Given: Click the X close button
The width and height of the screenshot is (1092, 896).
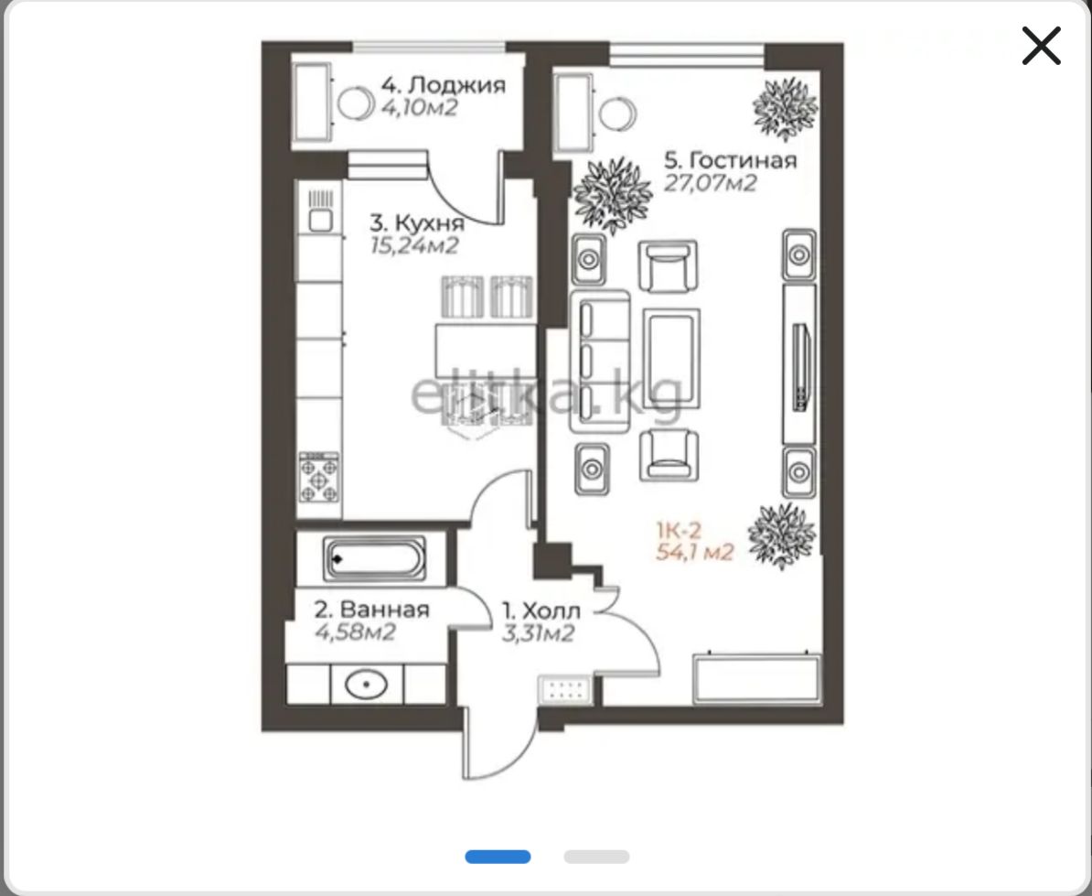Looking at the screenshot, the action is point(1041,45).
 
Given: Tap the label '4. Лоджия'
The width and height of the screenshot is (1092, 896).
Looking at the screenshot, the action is point(443,85).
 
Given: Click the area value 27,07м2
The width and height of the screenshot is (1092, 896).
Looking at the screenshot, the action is point(710,183).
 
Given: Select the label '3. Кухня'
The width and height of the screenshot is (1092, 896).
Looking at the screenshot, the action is point(416,223).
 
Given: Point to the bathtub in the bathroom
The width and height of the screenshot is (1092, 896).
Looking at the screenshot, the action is point(375,558).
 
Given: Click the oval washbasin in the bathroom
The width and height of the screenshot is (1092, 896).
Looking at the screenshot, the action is point(367,685).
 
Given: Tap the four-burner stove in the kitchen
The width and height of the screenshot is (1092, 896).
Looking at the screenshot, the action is point(319,477).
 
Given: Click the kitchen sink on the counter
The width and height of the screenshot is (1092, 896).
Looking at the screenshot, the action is point(320,211).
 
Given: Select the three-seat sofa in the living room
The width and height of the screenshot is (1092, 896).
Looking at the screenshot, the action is point(600,361).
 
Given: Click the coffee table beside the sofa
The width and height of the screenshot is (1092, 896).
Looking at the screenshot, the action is point(671,358).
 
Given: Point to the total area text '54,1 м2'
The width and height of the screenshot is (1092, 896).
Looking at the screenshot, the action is point(694,553).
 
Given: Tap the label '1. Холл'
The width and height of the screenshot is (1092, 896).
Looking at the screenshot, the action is point(541,611).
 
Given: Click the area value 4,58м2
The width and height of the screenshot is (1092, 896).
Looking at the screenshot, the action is point(355,632).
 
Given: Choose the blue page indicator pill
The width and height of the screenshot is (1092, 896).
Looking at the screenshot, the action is point(498,857).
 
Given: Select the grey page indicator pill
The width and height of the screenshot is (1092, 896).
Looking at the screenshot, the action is point(597,857).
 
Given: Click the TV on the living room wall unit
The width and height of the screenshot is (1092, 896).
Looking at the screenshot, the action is point(801,367).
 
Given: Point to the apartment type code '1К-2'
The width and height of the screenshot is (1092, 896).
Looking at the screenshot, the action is point(679,530).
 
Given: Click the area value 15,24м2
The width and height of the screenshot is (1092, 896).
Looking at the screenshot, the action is point(414,246).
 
